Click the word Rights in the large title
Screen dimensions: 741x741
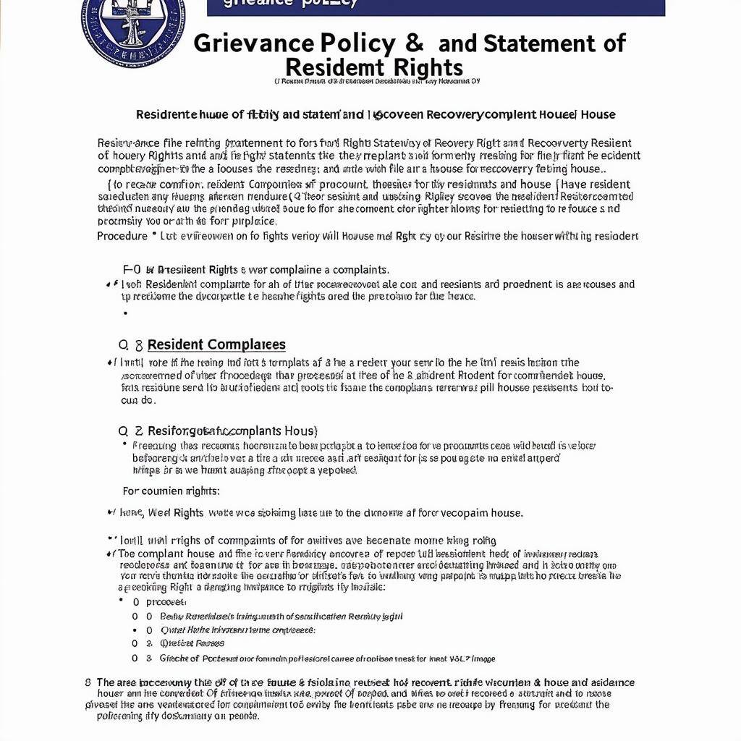tap(428, 67)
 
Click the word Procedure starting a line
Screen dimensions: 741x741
tap(122, 236)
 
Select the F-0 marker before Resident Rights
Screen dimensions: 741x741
tap(133, 269)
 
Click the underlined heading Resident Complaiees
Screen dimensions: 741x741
tap(216, 344)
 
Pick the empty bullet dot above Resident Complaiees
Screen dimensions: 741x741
tap(125, 313)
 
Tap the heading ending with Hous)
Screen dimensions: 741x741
tap(232, 431)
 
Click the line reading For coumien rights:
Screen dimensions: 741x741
tap(171, 491)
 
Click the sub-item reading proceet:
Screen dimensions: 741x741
tap(166, 601)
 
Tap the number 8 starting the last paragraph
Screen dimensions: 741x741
tap(88, 682)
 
